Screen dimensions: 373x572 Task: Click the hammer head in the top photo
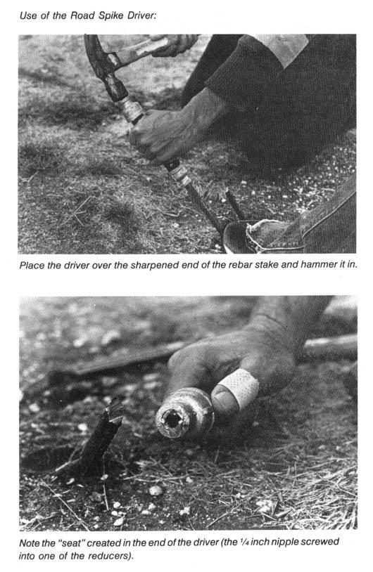pos(104,67)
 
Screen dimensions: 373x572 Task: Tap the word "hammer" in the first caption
pos(317,264)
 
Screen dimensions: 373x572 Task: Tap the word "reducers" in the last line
pos(109,556)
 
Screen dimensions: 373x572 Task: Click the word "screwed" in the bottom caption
pos(321,542)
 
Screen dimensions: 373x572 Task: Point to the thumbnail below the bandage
pos(222,398)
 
